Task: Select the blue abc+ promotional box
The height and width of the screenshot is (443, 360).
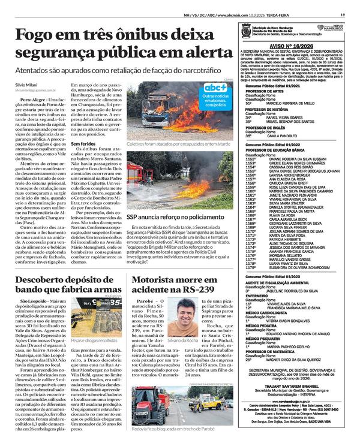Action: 215,96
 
